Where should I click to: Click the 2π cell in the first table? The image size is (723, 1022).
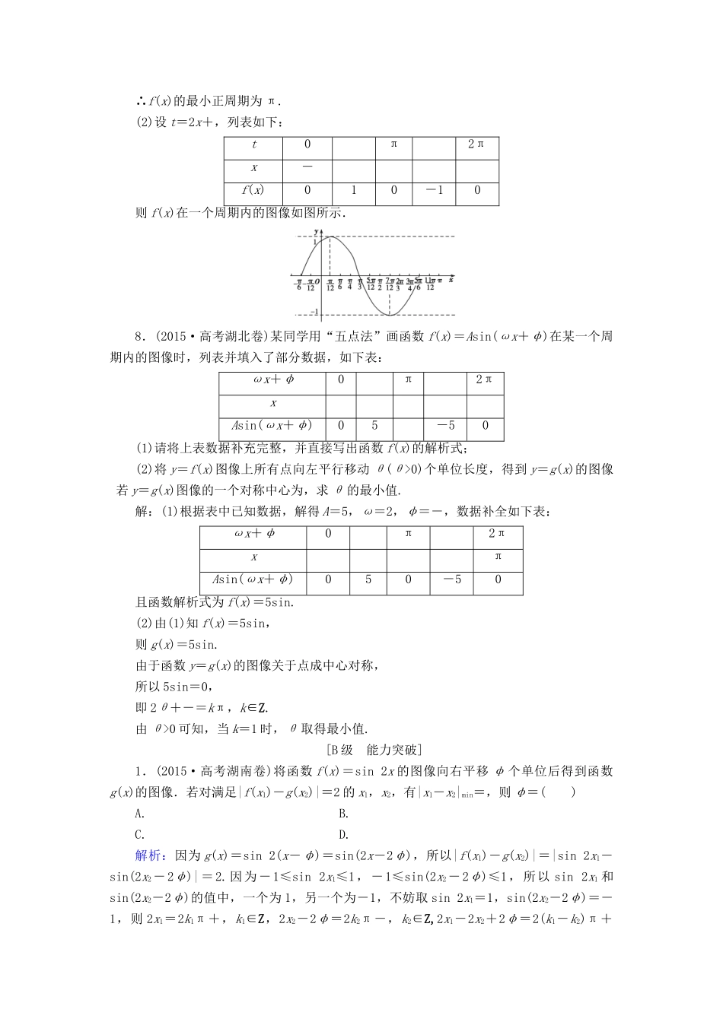[x=476, y=144]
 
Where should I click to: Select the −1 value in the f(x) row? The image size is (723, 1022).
[x=434, y=190]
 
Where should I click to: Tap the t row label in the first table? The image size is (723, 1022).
[x=253, y=144]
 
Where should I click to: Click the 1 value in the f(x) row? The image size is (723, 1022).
[x=353, y=190]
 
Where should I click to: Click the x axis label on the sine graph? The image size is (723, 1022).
[x=451, y=279]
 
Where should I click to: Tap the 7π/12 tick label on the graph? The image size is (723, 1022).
[x=390, y=284]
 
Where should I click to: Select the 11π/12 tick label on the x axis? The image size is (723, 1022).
[x=431, y=284]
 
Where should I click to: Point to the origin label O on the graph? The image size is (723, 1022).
[x=317, y=282]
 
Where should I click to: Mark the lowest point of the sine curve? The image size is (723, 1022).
[x=390, y=314]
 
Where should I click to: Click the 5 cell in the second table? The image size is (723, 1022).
[x=374, y=426]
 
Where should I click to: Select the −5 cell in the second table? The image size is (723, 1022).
[x=445, y=426]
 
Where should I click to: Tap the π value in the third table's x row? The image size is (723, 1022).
[x=498, y=557]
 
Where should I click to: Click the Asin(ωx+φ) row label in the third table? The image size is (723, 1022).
[x=252, y=579]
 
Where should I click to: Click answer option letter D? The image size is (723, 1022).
[x=344, y=834]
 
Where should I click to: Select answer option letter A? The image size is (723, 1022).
[x=139, y=813]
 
